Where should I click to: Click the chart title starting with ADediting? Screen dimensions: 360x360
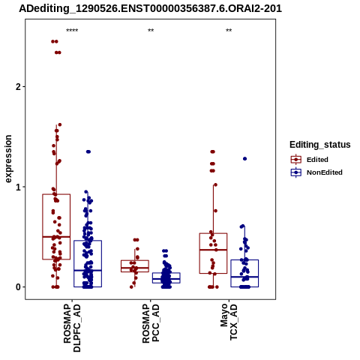[x=150, y=9]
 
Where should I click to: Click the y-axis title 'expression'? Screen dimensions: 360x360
[x=8, y=159]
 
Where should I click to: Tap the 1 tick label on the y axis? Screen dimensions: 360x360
[x=18, y=187]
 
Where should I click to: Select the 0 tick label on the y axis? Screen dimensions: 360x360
[x=18, y=287]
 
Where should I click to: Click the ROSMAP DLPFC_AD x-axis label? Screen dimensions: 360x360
[x=72, y=328]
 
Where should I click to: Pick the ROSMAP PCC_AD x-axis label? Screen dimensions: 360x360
[x=151, y=323]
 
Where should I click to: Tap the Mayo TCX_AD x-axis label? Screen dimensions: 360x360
[x=229, y=322]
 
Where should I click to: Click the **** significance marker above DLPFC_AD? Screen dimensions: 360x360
[x=72, y=31]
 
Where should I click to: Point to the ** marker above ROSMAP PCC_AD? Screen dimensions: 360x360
[x=151, y=31]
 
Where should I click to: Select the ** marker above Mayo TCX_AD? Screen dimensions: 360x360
[x=229, y=31]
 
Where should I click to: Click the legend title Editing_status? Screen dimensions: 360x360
[x=320, y=145]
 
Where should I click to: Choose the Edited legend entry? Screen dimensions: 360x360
[x=310, y=159]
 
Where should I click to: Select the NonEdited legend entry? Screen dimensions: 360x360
[x=316, y=172]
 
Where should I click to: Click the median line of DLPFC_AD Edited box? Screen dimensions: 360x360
[x=56, y=236]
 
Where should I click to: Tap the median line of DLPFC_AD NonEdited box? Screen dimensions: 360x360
[x=88, y=270]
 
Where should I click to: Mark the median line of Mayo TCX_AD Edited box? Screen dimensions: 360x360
[x=213, y=250]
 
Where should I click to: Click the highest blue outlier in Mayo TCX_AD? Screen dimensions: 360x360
[x=244, y=159]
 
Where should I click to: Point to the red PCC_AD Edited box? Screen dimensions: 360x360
[x=135, y=260]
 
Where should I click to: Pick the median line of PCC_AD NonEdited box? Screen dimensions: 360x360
[x=166, y=278]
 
